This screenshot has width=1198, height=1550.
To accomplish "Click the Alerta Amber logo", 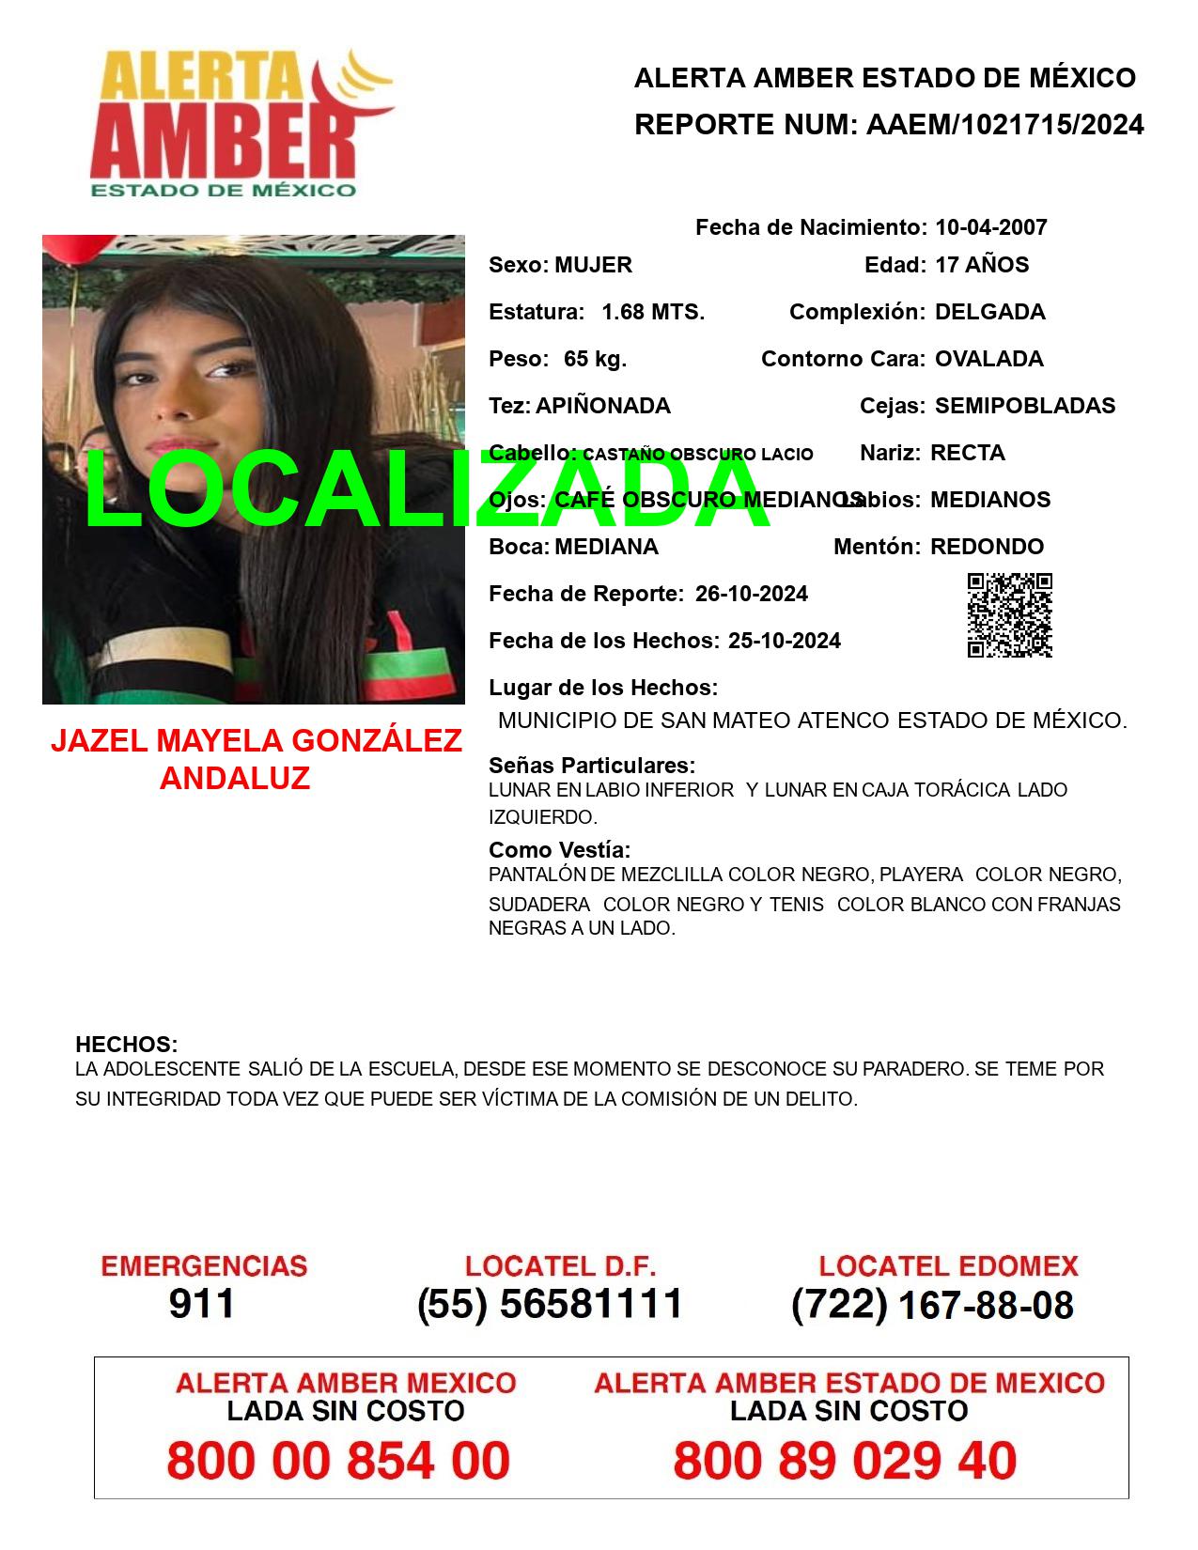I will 240,122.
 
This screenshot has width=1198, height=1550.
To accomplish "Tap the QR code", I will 1009,615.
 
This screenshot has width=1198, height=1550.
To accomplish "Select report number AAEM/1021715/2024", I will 1004,125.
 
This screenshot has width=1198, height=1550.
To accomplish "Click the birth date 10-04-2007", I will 990,227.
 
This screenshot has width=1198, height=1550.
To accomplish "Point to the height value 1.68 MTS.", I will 653,312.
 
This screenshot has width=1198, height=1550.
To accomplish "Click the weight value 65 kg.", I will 595,359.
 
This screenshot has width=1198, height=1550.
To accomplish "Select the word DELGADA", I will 989,312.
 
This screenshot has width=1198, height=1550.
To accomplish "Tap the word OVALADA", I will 988,359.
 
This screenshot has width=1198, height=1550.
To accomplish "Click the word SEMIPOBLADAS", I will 1025,406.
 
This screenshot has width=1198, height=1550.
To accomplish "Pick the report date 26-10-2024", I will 751,594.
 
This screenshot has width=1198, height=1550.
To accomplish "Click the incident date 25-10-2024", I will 784,641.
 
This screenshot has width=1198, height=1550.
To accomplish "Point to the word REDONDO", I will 987,547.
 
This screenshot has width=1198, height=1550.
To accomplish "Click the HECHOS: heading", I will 126,1045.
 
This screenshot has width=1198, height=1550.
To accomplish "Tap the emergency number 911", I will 202,1304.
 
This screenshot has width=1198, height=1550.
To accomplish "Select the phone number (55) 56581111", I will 550,1304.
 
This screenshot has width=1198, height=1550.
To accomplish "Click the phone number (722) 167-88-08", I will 932,1305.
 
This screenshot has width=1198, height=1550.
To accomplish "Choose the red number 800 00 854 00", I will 338,1461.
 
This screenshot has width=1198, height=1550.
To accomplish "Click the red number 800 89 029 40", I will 845,1461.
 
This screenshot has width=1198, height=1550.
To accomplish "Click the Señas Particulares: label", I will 592,766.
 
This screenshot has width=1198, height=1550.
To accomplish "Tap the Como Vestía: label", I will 559,850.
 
